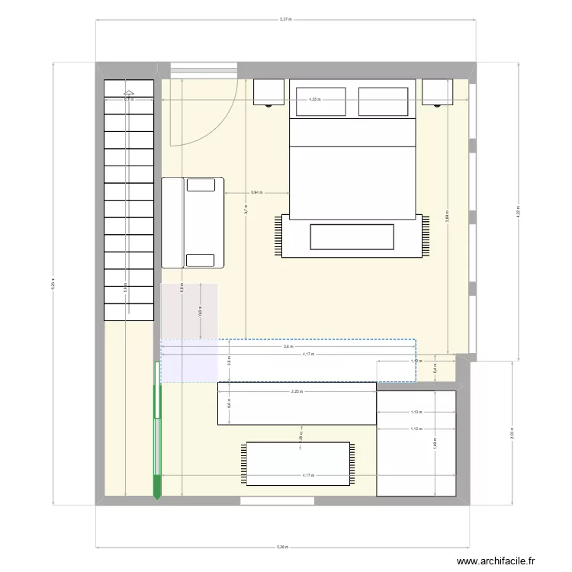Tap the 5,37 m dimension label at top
click(x=285, y=20)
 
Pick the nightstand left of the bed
click(x=268, y=92)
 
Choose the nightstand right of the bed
click(x=437, y=92)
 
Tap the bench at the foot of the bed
click(x=352, y=236)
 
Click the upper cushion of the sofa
click(x=201, y=185)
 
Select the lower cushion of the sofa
click(x=201, y=260)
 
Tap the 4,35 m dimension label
click(x=314, y=99)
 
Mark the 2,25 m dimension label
click(x=295, y=391)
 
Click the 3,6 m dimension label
click(x=287, y=347)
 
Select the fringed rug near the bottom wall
click(x=298, y=464)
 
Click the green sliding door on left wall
click(x=158, y=442)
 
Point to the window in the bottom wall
click(x=277, y=501)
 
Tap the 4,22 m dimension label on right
click(x=518, y=210)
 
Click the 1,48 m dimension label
click(x=434, y=441)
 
